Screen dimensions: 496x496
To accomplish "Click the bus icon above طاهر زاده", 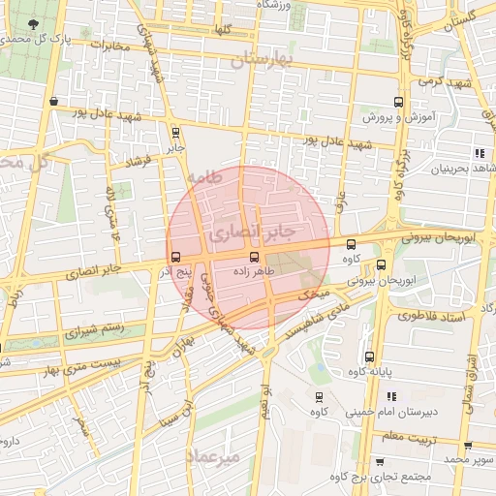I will (254, 257).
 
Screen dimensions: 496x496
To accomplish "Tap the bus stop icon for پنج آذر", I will (175, 257).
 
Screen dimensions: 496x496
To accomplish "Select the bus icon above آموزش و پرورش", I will (397, 102).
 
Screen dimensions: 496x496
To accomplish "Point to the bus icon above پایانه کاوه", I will (369, 356).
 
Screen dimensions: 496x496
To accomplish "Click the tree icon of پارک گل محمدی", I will (35, 23).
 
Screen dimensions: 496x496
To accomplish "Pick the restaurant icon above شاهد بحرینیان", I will (480, 153).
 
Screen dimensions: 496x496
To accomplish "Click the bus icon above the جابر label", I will (174, 133).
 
